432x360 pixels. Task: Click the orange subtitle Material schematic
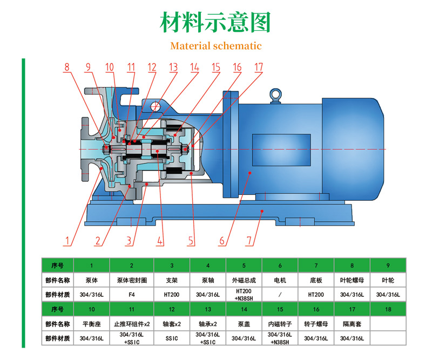coord(215,46)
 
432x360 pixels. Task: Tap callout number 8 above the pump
coord(67,67)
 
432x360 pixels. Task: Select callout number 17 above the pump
coord(259,67)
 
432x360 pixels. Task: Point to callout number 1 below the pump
coord(68,239)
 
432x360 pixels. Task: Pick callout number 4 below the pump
coord(160,239)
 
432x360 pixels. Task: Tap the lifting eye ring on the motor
coord(276,95)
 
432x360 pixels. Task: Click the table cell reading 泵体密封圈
coord(132,281)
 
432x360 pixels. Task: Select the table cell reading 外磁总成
coord(244,281)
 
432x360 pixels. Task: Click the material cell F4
coord(132,295)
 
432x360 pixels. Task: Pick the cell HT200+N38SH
coord(244,295)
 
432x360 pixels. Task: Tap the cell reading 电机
coord(280,281)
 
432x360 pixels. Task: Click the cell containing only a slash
coord(280,295)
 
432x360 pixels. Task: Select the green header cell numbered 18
coord(388,309)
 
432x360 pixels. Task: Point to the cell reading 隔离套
coord(352,324)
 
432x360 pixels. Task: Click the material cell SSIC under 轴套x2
coord(172,339)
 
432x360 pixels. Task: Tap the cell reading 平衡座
coord(92,324)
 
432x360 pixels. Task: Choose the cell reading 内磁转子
coord(280,324)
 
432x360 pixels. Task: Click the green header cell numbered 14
coord(244,309)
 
